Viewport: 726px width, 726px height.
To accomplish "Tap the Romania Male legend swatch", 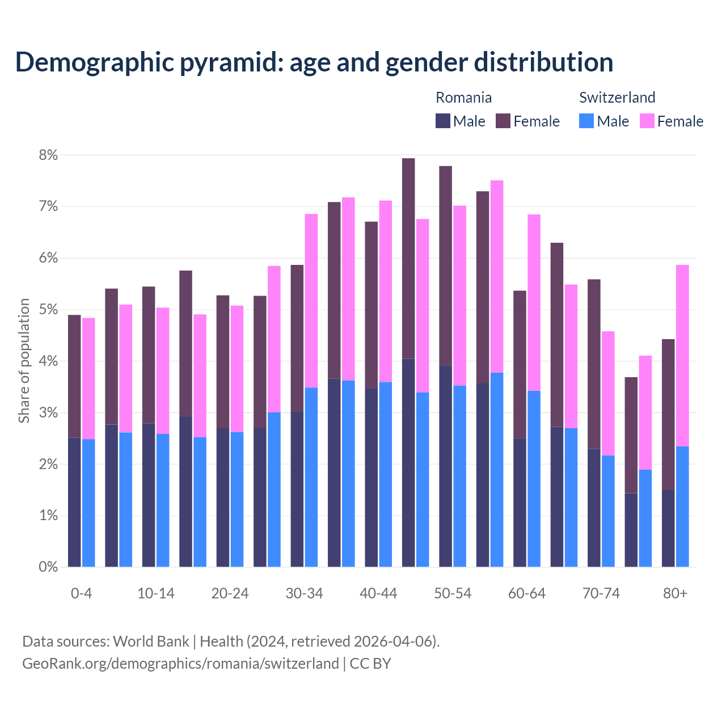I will click(x=443, y=121).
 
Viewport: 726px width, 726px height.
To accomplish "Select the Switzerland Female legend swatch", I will click(x=647, y=121).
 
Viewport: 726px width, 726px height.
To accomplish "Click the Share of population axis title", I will click(x=24, y=361).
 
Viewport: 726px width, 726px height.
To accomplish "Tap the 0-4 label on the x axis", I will click(x=81, y=594).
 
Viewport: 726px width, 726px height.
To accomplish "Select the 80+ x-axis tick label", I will click(x=675, y=594).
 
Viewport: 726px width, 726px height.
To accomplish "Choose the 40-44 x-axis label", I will click(x=378, y=594).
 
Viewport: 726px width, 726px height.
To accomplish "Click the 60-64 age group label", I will click(x=527, y=594).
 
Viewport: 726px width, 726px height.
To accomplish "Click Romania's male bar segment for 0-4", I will click(x=74, y=502).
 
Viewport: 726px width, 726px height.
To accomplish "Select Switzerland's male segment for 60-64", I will click(x=534, y=479).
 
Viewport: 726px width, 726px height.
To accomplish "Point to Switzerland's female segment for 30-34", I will click(x=311, y=301).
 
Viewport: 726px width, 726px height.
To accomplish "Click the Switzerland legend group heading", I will click(x=617, y=98).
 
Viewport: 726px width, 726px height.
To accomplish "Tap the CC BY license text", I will click(x=370, y=664).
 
